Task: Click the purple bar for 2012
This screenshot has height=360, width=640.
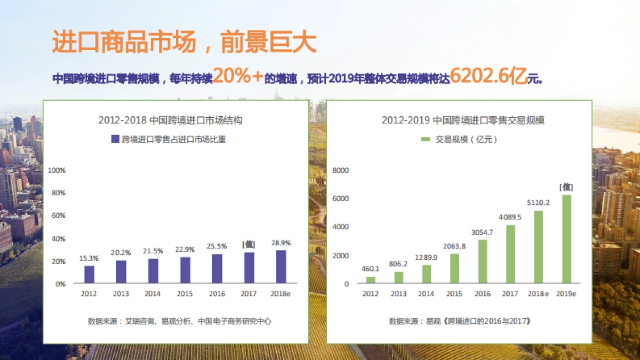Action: tap(89, 274)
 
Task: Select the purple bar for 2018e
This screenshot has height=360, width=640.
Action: tap(281, 267)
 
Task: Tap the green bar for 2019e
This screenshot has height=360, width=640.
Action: tap(566, 239)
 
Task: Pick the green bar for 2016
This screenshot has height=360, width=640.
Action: tap(482, 261)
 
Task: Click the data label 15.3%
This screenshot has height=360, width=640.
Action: tap(89, 258)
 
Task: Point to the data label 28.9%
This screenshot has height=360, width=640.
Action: tap(281, 243)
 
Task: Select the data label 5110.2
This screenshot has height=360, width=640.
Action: tap(538, 203)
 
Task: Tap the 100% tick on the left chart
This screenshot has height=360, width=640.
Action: tap(57, 170)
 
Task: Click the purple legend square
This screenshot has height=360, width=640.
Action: tap(115, 139)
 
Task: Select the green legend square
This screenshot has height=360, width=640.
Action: tap(426, 139)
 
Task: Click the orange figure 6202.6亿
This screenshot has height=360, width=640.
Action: tap(489, 77)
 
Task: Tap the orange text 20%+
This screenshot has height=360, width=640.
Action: tap(238, 77)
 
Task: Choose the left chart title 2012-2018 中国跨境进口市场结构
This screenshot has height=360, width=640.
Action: tap(170, 121)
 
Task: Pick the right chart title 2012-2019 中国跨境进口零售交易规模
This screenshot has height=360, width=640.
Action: tap(463, 121)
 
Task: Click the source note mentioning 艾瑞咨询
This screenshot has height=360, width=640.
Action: tap(179, 321)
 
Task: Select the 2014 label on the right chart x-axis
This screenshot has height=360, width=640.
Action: tap(426, 294)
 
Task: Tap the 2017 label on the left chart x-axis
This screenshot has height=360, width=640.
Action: tap(249, 294)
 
